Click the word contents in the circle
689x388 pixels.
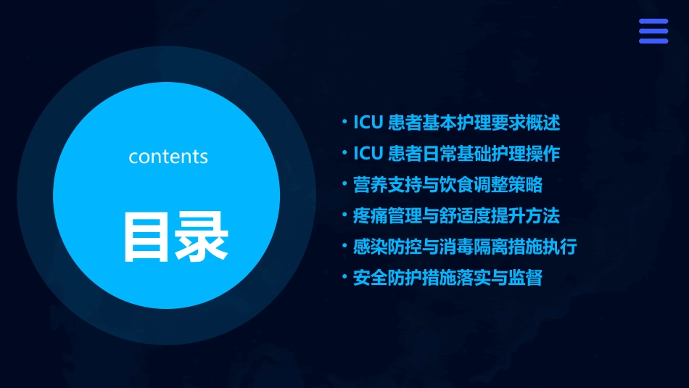pyautogui.click(x=168, y=157)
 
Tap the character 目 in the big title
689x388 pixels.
pyautogui.click(x=147, y=236)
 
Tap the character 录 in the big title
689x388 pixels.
pyautogui.click(x=202, y=236)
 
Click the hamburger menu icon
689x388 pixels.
pyautogui.click(x=653, y=31)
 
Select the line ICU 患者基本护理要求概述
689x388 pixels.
pyautogui.click(x=456, y=123)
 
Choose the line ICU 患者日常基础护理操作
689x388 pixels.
pyautogui.click(x=456, y=154)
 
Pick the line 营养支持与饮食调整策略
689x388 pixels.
pyautogui.click(x=447, y=185)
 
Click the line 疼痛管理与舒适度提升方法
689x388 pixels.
pyautogui.click(x=456, y=215)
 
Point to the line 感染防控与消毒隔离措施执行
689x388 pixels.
pyautogui.click(x=465, y=247)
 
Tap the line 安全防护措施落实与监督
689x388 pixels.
pyautogui.click(x=447, y=278)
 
